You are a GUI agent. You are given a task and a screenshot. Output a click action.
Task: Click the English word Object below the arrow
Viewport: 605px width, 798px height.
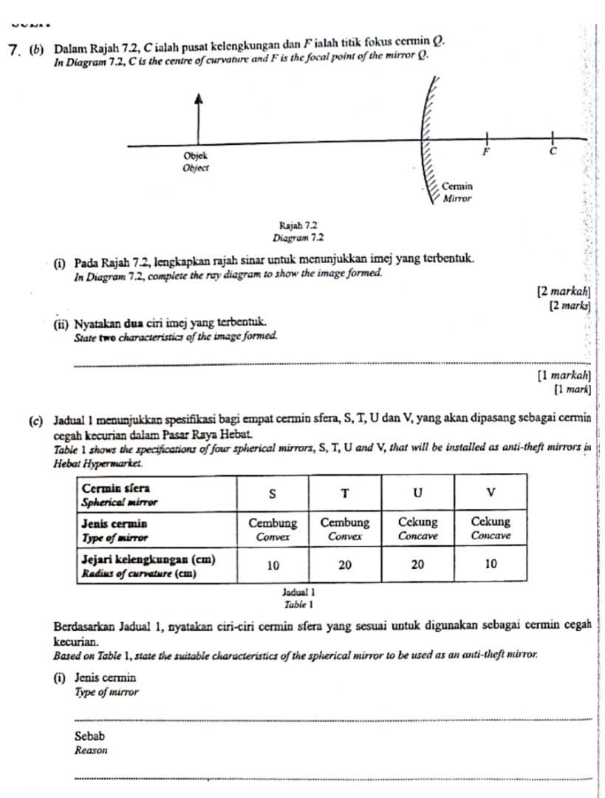(196, 168)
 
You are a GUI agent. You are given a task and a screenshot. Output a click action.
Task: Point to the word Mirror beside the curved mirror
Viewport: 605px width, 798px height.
(457, 199)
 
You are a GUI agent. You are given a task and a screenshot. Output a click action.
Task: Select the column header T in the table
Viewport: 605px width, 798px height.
(345, 492)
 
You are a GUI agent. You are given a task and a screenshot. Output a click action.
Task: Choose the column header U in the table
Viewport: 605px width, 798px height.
(418, 492)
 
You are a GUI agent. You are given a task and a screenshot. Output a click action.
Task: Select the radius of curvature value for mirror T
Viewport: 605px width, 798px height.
(345, 565)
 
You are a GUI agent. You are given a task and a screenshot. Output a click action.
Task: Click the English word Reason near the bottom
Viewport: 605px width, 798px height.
(92, 750)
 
